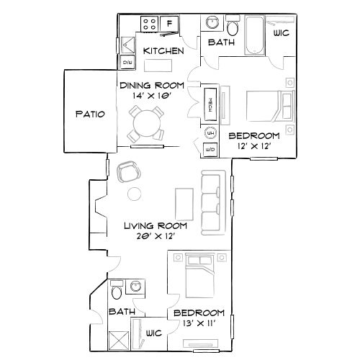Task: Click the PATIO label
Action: pyautogui.click(x=90, y=114)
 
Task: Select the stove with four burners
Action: pyautogui.click(x=150, y=24)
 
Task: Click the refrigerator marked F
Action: pyautogui.click(x=170, y=24)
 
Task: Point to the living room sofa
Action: pyautogui.click(x=214, y=201)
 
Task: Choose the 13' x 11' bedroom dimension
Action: pyautogui.click(x=198, y=325)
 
